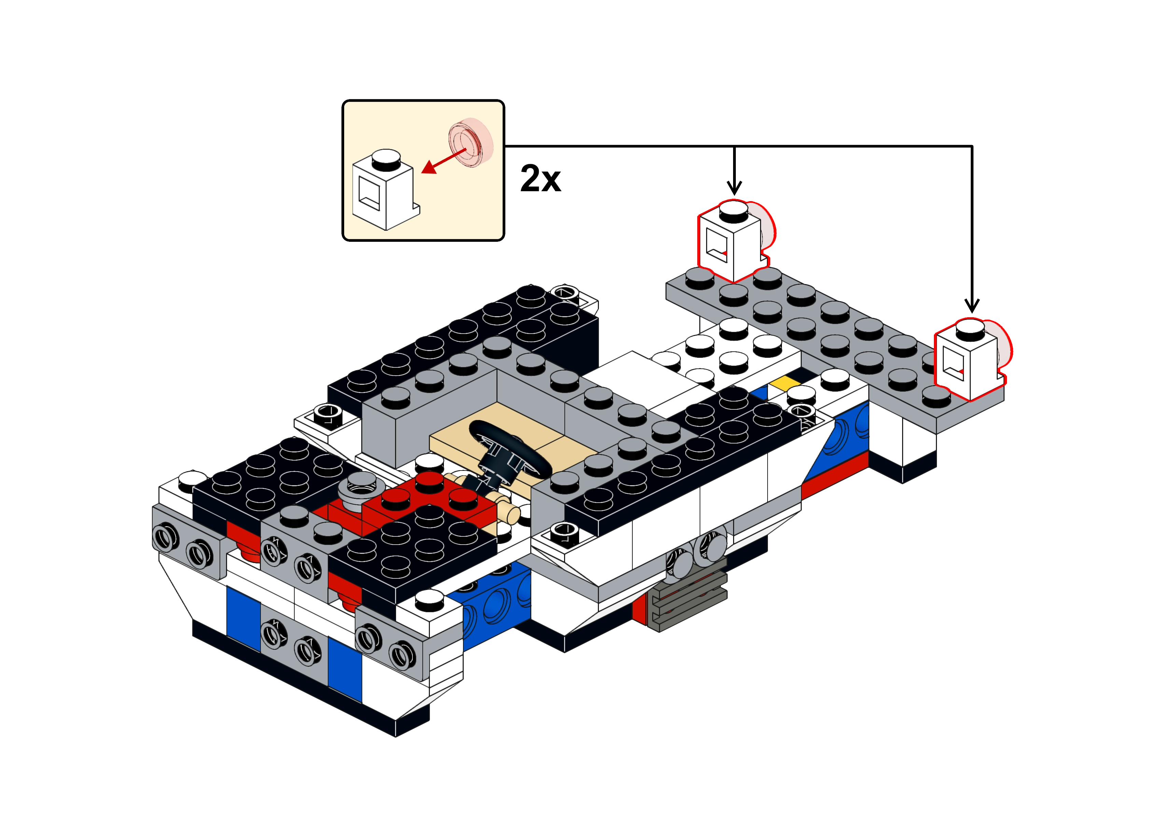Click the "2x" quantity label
(540, 179)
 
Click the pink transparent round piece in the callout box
(471, 142)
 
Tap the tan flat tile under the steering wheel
(511, 441)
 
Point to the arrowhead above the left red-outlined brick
(734, 188)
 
